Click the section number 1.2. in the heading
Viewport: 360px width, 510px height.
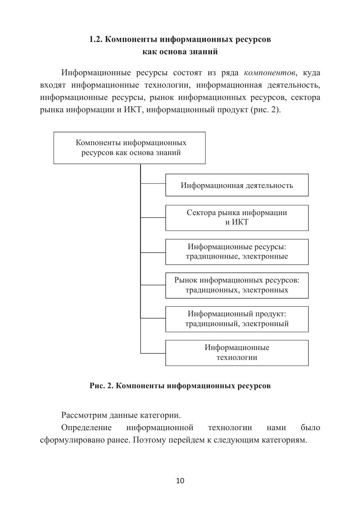coord(96,40)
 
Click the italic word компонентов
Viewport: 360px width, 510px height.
coord(270,73)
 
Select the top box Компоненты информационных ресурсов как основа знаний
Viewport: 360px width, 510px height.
coord(129,148)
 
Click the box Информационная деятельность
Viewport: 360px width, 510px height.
coord(237,185)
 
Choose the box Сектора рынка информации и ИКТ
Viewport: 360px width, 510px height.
coord(237,218)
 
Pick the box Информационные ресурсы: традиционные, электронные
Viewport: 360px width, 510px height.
coord(237,251)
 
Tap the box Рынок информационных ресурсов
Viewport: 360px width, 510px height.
coord(237,285)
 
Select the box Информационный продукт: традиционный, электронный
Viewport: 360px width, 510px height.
coord(237,319)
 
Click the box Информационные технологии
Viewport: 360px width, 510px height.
coord(237,352)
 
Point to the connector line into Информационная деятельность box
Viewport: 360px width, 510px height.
coord(153,183)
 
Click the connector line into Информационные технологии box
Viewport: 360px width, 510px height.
coord(153,353)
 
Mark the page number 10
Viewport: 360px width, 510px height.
coord(180,480)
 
